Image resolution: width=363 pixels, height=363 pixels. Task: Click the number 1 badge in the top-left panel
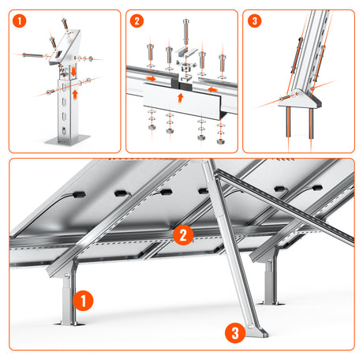(x=18, y=21)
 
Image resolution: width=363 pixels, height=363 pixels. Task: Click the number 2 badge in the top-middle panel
(x=137, y=21)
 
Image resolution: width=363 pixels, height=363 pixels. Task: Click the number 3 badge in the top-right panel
(x=254, y=21)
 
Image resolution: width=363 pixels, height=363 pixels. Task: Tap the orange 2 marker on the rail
(x=182, y=234)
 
